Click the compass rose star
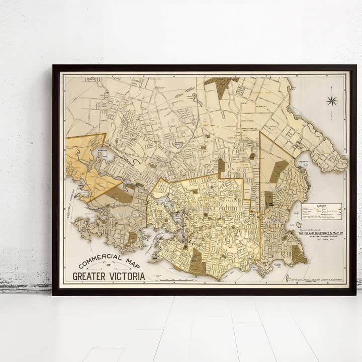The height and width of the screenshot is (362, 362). pyautogui.click(x=332, y=101)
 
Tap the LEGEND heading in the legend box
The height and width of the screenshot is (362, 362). pyautogui.click(x=321, y=205)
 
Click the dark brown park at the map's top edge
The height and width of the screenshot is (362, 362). pyautogui.click(x=221, y=85)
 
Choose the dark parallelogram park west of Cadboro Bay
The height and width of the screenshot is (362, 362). pyautogui.click(x=278, y=171)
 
